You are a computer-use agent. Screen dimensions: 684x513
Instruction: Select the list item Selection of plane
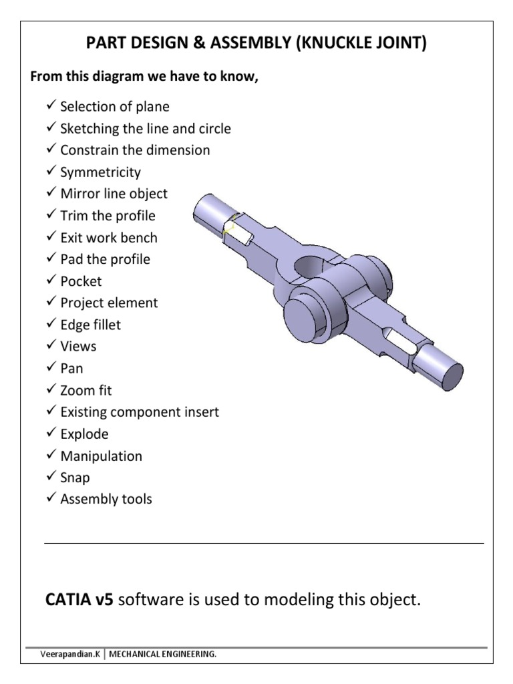tap(114, 107)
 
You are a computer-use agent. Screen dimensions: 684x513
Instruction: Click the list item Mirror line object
tap(114, 194)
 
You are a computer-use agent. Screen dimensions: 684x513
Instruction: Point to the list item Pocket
tap(81, 281)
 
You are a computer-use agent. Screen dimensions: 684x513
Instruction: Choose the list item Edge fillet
tap(90, 325)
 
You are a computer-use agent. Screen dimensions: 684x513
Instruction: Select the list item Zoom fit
tap(86, 390)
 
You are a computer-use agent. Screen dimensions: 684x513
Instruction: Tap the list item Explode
tap(84, 434)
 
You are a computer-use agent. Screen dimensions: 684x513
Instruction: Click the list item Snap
tap(75, 478)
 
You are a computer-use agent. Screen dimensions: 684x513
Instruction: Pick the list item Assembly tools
tap(106, 499)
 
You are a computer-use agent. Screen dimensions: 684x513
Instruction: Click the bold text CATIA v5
tap(79, 600)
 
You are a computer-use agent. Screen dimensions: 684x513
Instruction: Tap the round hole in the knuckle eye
tap(309, 267)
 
